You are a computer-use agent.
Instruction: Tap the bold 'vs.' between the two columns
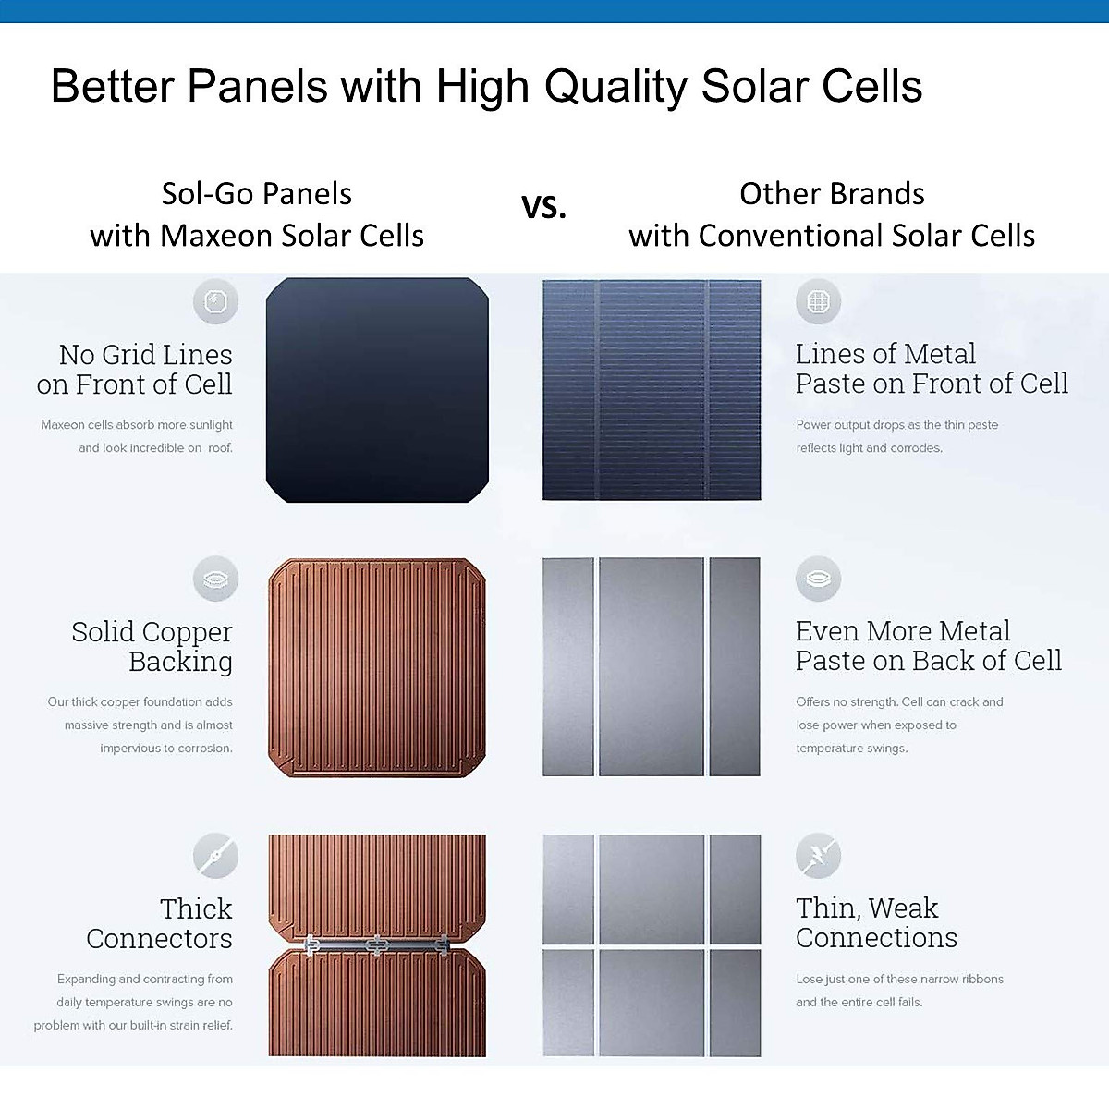543,206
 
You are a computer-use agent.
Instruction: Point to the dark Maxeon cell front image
377,390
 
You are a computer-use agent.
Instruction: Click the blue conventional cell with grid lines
652,390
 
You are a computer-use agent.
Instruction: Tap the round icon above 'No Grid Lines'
216,301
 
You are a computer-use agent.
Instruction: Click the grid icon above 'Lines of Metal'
819,301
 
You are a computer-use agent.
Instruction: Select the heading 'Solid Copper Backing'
152,646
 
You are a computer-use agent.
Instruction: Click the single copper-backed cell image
377,667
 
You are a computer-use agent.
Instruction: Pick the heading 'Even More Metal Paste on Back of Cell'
928,646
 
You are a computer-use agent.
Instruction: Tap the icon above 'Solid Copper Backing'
216,579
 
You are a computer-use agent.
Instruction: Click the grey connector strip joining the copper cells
377,944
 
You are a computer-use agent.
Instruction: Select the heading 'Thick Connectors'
159,923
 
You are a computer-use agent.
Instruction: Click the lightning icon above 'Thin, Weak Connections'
819,855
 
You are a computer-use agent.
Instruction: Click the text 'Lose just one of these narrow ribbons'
899,979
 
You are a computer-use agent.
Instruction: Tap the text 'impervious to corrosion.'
166,749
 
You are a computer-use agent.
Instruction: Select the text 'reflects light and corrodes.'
869,447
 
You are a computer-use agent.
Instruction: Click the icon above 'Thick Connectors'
216,856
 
